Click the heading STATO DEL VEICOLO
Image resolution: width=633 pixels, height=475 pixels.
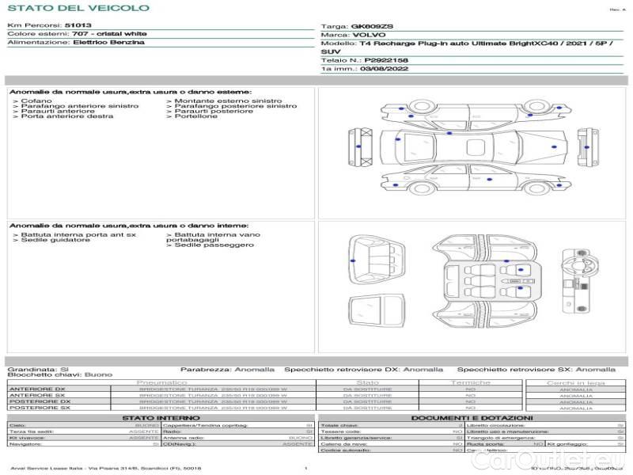[78, 8]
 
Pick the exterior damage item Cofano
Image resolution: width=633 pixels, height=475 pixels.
[36, 101]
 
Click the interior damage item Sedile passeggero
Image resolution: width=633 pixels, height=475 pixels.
[214, 245]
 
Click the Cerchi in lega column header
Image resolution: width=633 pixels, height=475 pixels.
[575, 382]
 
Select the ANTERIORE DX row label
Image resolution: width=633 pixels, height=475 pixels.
[36, 389]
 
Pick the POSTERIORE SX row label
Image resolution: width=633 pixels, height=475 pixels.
[36, 408]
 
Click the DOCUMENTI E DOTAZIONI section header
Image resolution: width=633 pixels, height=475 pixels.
[472, 417]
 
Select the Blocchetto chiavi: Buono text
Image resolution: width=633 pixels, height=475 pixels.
[60, 374]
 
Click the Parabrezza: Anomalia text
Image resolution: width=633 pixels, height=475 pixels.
[228, 369]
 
